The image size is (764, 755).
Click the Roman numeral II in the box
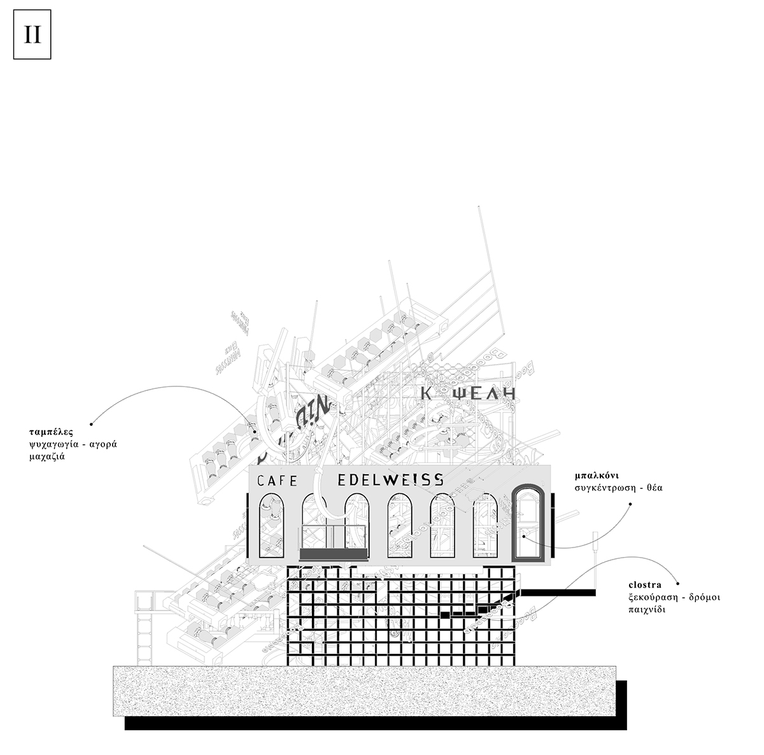(x=32, y=36)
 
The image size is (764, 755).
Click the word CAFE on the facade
(x=277, y=481)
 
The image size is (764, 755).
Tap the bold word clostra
(x=644, y=584)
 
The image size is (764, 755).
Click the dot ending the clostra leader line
(x=678, y=583)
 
